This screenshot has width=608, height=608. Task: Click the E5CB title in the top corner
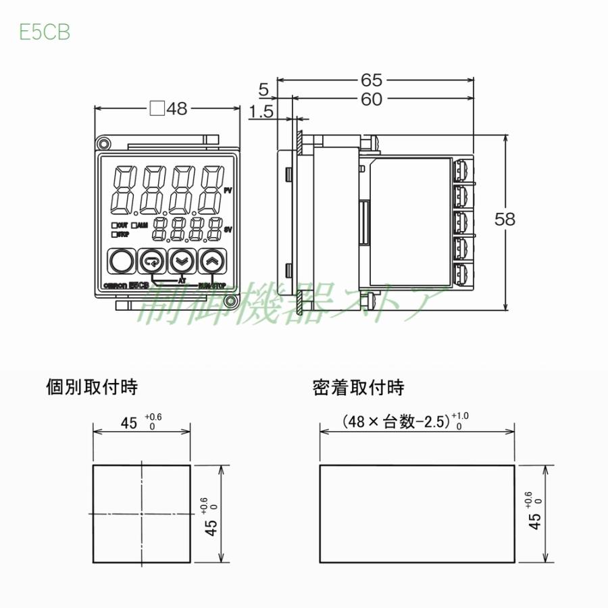click(x=45, y=32)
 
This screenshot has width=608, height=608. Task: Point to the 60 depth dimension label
click(x=372, y=99)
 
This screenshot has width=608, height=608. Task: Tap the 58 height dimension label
click(x=505, y=219)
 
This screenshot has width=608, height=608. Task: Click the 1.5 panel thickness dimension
click(x=261, y=112)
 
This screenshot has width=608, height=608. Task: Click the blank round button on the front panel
click(x=121, y=261)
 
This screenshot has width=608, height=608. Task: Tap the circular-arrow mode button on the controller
click(x=151, y=261)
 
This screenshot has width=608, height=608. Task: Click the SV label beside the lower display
click(x=228, y=230)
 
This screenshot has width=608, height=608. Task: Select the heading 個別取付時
click(x=91, y=388)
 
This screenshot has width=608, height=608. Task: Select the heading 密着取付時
click(x=358, y=388)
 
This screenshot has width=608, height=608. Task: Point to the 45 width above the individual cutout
click(x=128, y=423)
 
